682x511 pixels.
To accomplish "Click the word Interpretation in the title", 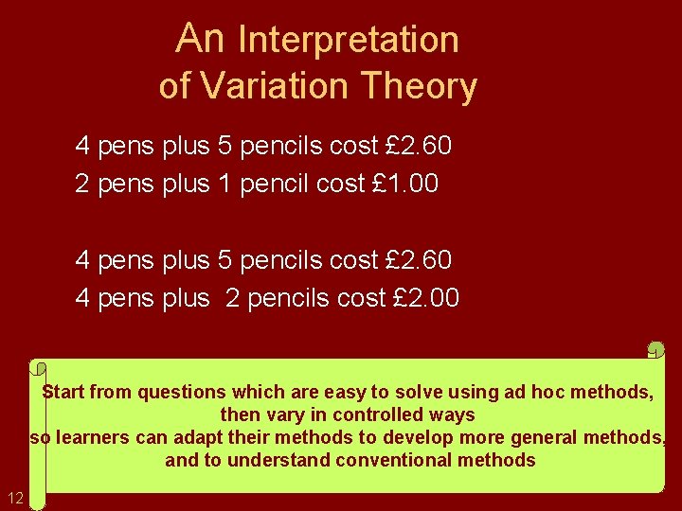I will (x=349, y=40).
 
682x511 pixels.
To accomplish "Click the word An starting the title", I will (x=200, y=39).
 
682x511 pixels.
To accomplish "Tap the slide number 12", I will (x=15, y=498).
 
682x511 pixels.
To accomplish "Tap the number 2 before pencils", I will (x=231, y=298).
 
